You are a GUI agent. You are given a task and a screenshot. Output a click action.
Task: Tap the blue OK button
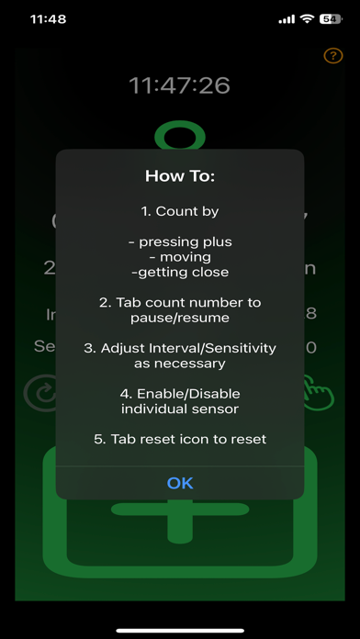point(180,483)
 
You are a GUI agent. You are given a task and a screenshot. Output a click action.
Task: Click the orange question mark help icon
point(333,56)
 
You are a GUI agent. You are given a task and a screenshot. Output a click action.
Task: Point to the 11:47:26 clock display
point(180,86)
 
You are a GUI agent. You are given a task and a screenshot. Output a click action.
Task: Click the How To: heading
point(180,175)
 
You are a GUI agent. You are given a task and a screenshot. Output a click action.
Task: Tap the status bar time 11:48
point(47,18)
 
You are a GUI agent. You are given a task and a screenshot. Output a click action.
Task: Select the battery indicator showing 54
point(329,18)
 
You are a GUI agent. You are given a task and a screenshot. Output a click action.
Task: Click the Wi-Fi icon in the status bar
point(307,18)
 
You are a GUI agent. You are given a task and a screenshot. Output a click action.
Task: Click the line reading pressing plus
point(180,241)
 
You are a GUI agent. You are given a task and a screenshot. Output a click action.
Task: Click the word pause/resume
point(180,318)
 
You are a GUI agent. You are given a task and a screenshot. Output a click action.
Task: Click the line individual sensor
point(180,409)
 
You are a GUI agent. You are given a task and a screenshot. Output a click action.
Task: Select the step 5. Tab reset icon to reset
point(180,439)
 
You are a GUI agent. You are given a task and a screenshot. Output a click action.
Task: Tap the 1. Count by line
point(180,211)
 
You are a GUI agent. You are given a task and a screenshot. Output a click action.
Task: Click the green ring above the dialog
point(180,137)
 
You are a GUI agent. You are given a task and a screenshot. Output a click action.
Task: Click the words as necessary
point(180,363)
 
